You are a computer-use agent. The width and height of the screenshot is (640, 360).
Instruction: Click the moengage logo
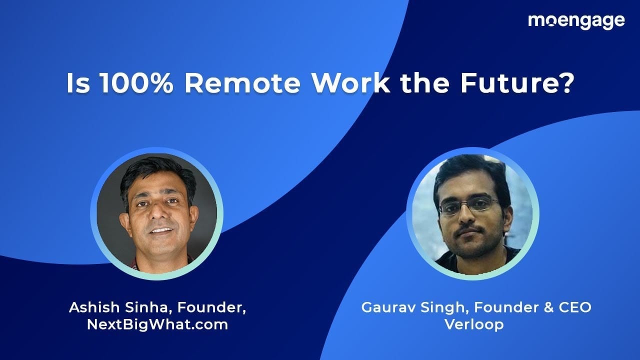[x=576, y=21]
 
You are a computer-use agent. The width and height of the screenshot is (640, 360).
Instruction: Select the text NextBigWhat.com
[x=157, y=324]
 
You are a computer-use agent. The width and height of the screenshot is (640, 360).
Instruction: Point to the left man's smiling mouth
[x=161, y=231]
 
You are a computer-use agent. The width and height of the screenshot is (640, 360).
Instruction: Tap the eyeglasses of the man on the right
[x=468, y=205]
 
